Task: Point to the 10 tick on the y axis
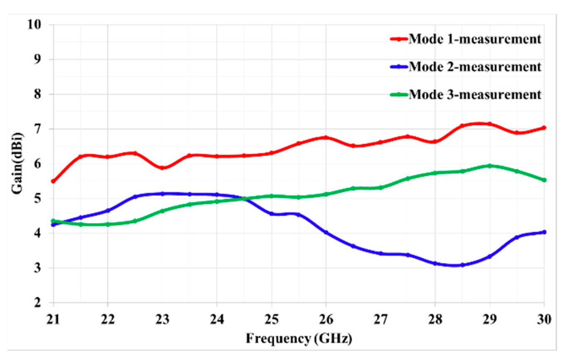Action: [42, 25]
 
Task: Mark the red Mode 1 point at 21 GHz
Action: [53, 181]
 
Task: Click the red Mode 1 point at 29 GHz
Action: [490, 124]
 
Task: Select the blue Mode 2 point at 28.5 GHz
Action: [462, 265]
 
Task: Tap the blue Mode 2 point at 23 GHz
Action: [163, 194]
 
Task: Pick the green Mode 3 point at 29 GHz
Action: [490, 165]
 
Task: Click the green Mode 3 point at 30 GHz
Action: [544, 180]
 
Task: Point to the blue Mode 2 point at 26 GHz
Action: [326, 232]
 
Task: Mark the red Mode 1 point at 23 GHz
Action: [163, 168]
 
